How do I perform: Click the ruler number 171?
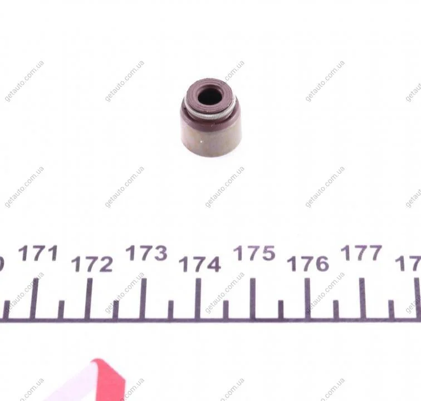(x=38, y=253)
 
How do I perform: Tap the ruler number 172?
(x=92, y=264)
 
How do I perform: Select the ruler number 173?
(x=146, y=253)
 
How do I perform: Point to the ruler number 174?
(x=200, y=264)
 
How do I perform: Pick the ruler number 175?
(x=254, y=253)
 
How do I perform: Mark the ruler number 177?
(x=361, y=253)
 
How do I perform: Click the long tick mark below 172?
(x=90, y=299)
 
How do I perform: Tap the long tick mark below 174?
(x=198, y=299)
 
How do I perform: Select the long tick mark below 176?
(x=307, y=299)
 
